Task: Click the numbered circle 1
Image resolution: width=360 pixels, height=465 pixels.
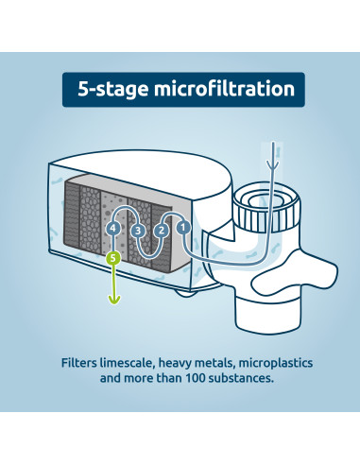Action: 183,228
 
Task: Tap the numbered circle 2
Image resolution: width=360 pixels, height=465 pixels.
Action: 161,231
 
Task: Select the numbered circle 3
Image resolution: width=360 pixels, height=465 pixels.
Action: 138,231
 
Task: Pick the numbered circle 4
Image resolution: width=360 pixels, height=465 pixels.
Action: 113,228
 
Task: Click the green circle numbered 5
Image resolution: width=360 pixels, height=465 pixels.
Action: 113,258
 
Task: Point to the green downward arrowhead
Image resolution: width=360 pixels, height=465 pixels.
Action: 114,300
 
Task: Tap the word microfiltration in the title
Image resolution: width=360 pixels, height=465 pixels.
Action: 224,89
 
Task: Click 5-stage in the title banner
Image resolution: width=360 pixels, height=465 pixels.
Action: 112,90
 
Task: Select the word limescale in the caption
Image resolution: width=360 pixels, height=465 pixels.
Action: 127,363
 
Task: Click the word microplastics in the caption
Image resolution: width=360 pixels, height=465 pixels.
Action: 276,363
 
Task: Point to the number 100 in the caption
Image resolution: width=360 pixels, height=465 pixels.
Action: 195,378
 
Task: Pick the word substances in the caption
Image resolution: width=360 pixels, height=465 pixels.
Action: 241,378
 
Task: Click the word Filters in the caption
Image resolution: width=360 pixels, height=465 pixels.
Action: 78,363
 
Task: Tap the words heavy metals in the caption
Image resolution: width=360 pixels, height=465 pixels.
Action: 197,363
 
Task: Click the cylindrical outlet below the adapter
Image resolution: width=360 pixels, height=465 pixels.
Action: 266,314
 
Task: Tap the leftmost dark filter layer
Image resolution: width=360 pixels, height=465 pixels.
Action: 72,215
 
